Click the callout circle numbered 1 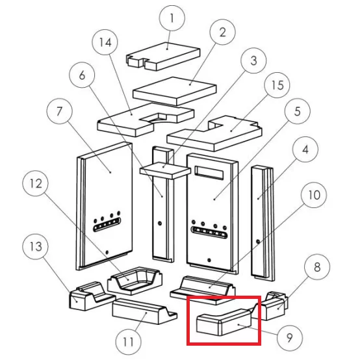tap(172, 18)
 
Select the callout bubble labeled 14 tap(105, 42)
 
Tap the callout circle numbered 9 tap(290, 338)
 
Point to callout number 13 tap(36, 246)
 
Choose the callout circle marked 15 tap(277, 85)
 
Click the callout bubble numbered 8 tap(317, 267)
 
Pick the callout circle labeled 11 tap(129, 342)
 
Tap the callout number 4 tap(305, 149)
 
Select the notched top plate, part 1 tap(163, 57)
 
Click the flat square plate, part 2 tap(175, 91)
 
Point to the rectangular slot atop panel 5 tap(209, 173)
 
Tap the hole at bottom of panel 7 tap(107, 252)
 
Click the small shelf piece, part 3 tap(165, 170)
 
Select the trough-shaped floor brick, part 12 tap(135, 281)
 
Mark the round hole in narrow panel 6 tap(160, 223)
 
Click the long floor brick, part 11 tap(145, 311)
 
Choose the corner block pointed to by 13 tap(92, 296)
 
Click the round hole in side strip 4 tap(258, 242)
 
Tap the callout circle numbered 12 tap(36, 183)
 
